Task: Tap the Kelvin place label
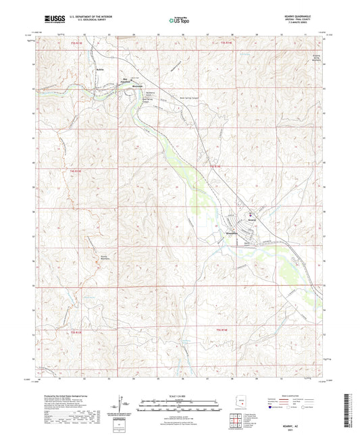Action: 99,69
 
